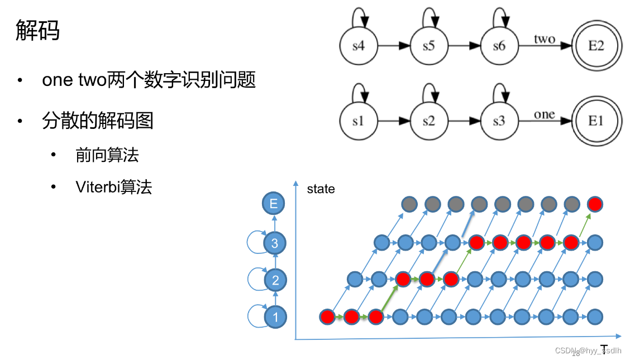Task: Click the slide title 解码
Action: point(37,31)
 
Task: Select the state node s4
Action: point(358,46)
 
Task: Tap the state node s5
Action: point(428,46)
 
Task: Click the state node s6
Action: point(499,46)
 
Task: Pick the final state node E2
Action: point(596,46)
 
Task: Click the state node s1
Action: point(358,121)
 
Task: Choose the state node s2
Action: point(428,121)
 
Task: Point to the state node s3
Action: point(499,121)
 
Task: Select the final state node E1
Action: point(596,121)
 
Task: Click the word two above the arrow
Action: point(544,39)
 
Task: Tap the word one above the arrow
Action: point(544,114)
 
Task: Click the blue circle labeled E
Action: point(274,204)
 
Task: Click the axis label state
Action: point(321,189)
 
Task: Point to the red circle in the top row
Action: point(595,204)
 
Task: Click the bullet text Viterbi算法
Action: point(113,186)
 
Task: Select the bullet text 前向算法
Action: point(107,155)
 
